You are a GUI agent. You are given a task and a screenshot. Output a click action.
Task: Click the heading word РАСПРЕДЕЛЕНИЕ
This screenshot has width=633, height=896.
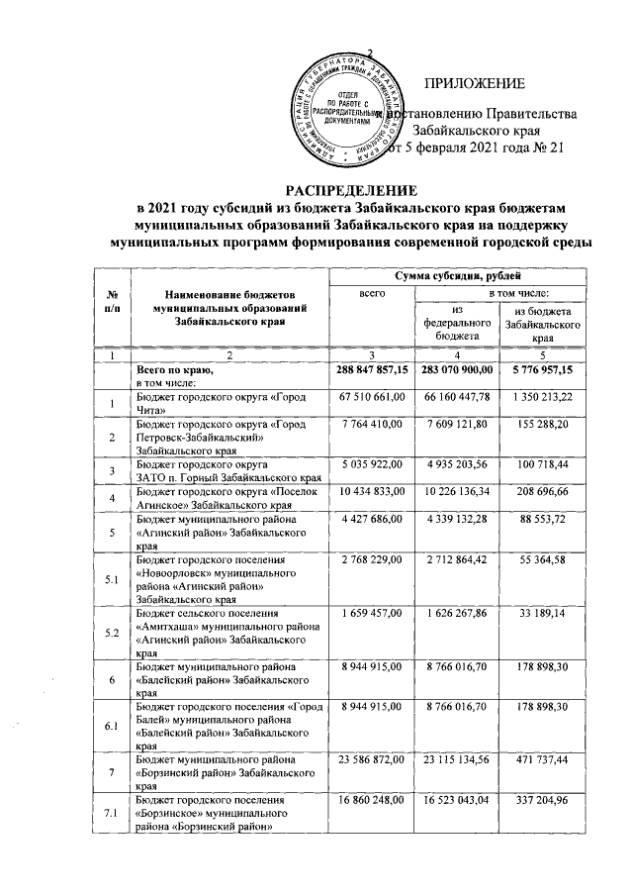(352, 189)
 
